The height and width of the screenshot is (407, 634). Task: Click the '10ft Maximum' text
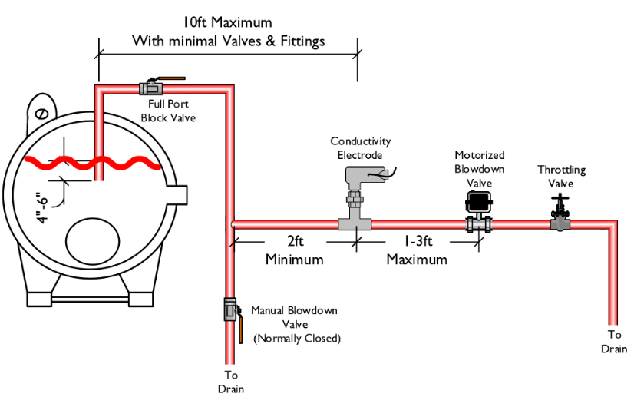coord(229,22)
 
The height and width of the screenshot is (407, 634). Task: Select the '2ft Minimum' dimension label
coord(294,250)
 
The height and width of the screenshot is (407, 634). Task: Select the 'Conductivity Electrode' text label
coord(360,148)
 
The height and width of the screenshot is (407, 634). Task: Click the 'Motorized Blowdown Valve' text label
coord(479,169)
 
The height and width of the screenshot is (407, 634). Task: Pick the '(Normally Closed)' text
coord(297,339)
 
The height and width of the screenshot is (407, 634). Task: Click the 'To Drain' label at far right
coord(614,342)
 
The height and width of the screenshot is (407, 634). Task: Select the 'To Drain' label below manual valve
coord(230,382)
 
